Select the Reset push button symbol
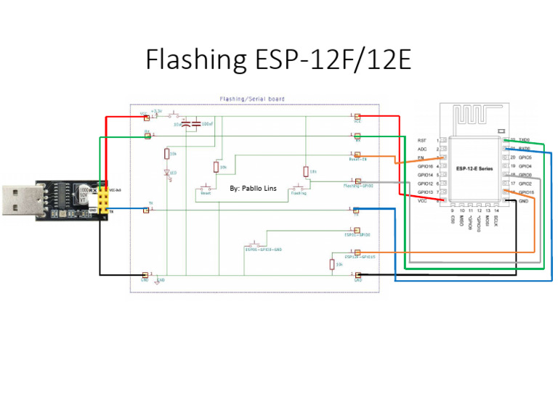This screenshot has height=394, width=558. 206,191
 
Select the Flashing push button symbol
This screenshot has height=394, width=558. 299,191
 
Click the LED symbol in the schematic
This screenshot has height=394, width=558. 166,173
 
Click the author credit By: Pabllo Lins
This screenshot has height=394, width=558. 253,189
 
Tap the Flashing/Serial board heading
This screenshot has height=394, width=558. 252,99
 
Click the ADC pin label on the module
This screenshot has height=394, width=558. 421,149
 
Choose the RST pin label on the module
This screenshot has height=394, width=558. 421,140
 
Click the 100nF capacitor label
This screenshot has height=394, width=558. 207,124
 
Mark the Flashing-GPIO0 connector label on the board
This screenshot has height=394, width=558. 357,186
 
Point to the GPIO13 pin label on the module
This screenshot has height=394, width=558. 425,193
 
